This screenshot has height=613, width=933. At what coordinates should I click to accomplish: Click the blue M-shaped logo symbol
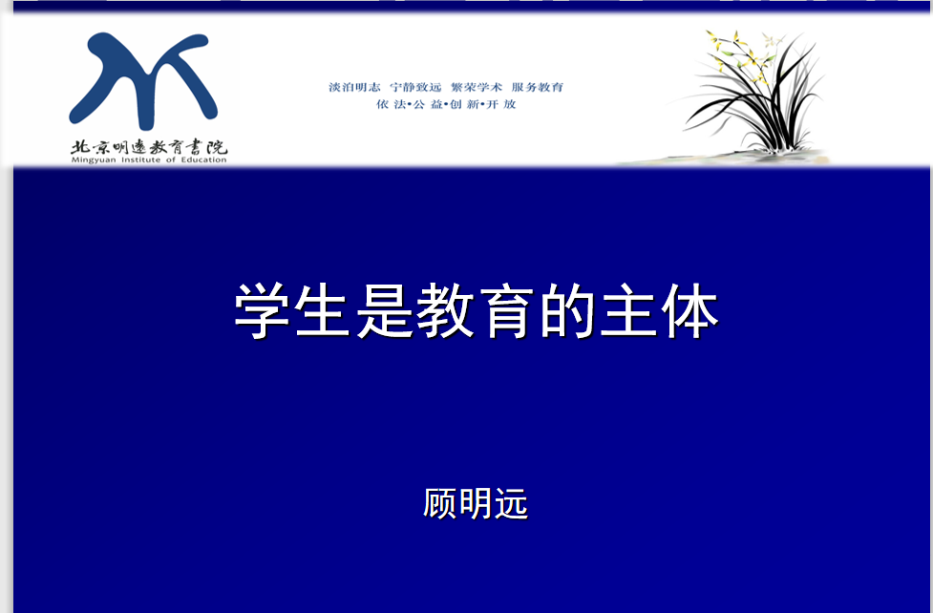(x=144, y=80)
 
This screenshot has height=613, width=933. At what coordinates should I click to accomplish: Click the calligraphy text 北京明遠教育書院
(x=149, y=147)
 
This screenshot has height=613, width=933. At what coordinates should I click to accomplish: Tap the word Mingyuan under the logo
(x=94, y=160)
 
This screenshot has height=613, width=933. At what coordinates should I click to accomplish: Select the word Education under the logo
(x=204, y=160)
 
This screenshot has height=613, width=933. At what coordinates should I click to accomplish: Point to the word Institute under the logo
(x=141, y=160)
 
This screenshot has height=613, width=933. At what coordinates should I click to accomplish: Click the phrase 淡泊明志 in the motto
(x=354, y=88)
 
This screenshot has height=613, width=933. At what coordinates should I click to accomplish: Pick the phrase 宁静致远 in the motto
(x=416, y=88)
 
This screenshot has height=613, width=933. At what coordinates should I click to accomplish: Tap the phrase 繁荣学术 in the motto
(x=477, y=88)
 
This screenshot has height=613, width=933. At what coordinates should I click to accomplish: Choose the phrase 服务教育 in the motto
(x=538, y=88)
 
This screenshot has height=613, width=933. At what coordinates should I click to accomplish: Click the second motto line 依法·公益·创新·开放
(x=446, y=104)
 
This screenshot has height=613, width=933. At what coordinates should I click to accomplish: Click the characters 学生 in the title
(x=291, y=311)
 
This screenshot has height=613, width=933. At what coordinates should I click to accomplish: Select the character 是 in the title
(x=385, y=311)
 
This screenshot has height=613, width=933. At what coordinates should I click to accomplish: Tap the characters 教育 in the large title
(x=475, y=311)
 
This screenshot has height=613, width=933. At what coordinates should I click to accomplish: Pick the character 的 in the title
(x=567, y=311)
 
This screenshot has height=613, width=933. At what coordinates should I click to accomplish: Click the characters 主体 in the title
(x=659, y=311)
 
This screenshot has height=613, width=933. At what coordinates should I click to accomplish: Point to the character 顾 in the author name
(x=440, y=503)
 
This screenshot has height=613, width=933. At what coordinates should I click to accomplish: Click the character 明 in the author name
(x=476, y=503)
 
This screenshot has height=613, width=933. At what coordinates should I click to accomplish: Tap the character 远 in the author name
(x=511, y=503)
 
